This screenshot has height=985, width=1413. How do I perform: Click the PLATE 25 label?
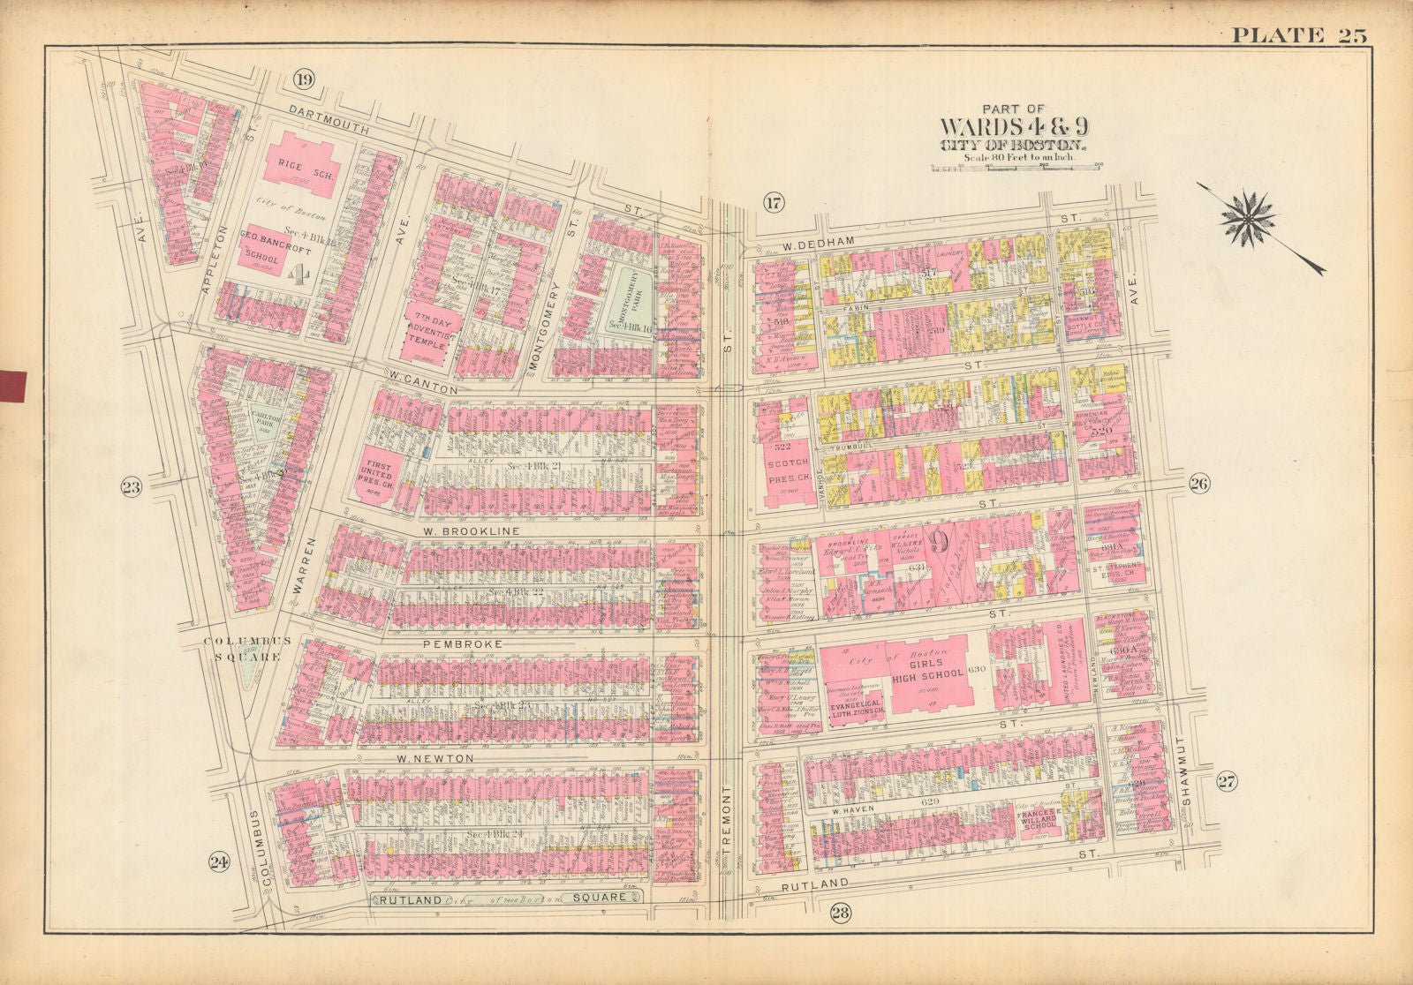coord(1299,35)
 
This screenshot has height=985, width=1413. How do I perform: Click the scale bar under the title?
coord(1016,165)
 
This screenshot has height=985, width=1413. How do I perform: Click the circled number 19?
coord(303,81)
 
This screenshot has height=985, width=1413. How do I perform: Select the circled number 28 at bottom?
coord(839,914)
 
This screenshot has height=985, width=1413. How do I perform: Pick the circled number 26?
coord(1198,483)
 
